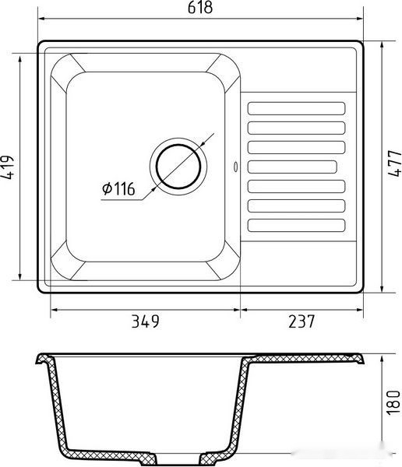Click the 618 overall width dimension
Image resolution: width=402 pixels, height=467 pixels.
[200, 8]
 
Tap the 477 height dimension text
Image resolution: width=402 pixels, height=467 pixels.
[395, 163]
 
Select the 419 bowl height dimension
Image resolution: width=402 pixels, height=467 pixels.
[8, 167]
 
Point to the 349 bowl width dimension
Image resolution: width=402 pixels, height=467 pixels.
[145, 321]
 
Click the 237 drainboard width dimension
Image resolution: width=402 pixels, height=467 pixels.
[301, 321]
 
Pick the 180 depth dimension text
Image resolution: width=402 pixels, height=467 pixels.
[393, 402]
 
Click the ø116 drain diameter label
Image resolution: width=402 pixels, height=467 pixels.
[118, 188]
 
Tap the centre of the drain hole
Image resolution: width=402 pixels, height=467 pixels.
[178, 167]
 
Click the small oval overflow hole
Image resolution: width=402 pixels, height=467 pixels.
[235, 167]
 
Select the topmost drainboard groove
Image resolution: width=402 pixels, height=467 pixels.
[296, 108]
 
